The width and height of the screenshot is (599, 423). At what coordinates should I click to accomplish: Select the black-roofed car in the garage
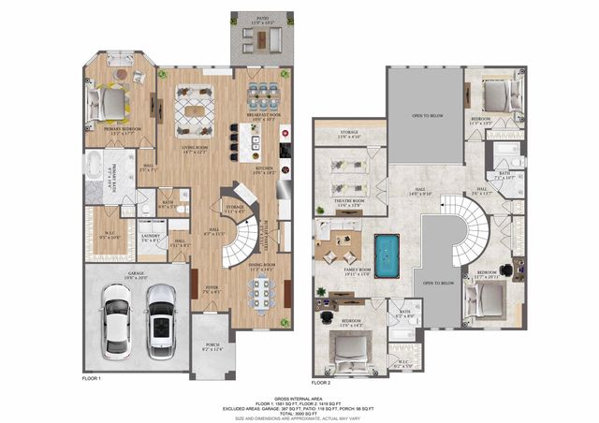tap(161, 319)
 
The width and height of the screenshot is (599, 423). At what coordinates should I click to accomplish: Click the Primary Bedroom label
tap(123, 130)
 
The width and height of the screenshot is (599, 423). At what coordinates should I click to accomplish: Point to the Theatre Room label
tap(347, 201)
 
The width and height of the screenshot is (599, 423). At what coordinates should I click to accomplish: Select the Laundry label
tap(150, 236)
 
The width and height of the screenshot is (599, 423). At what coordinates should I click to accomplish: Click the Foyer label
tap(212, 288)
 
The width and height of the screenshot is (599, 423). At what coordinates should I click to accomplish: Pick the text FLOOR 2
tap(322, 383)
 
